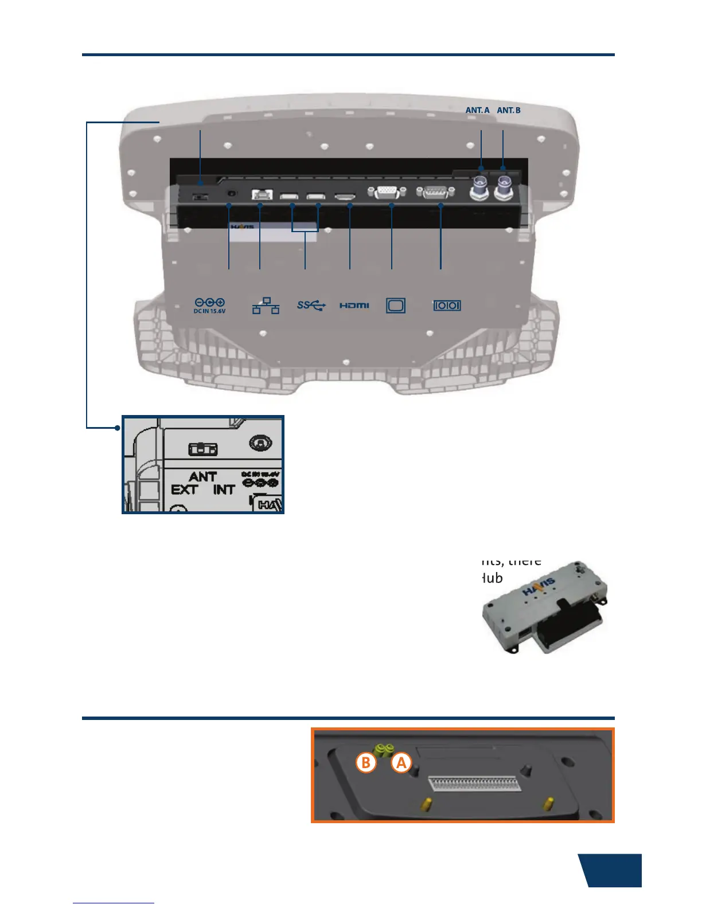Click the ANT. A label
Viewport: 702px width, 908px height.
tap(477, 110)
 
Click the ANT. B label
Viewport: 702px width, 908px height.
tap(509, 110)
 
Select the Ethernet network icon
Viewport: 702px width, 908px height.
tap(266, 306)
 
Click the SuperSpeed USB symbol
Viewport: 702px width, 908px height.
tap(311, 306)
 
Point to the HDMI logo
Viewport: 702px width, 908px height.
tap(354, 306)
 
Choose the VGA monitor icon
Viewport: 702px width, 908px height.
tap(396, 306)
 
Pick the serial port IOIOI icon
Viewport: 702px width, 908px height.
tap(447, 306)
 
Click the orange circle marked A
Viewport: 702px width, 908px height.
tap(401, 763)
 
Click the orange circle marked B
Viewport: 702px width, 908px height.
tap(366, 763)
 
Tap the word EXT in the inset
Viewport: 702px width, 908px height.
tap(184, 490)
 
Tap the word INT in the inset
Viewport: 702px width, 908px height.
tap(224, 490)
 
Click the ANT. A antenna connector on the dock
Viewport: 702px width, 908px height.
tap(478, 187)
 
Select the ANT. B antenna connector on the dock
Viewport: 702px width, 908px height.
tap(504, 187)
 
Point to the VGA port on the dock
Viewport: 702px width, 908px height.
tap(388, 193)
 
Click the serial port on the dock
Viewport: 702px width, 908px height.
tap(435, 193)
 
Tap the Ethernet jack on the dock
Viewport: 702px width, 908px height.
tap(261, 194)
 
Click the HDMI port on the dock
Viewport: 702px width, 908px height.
tap(345, 197)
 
